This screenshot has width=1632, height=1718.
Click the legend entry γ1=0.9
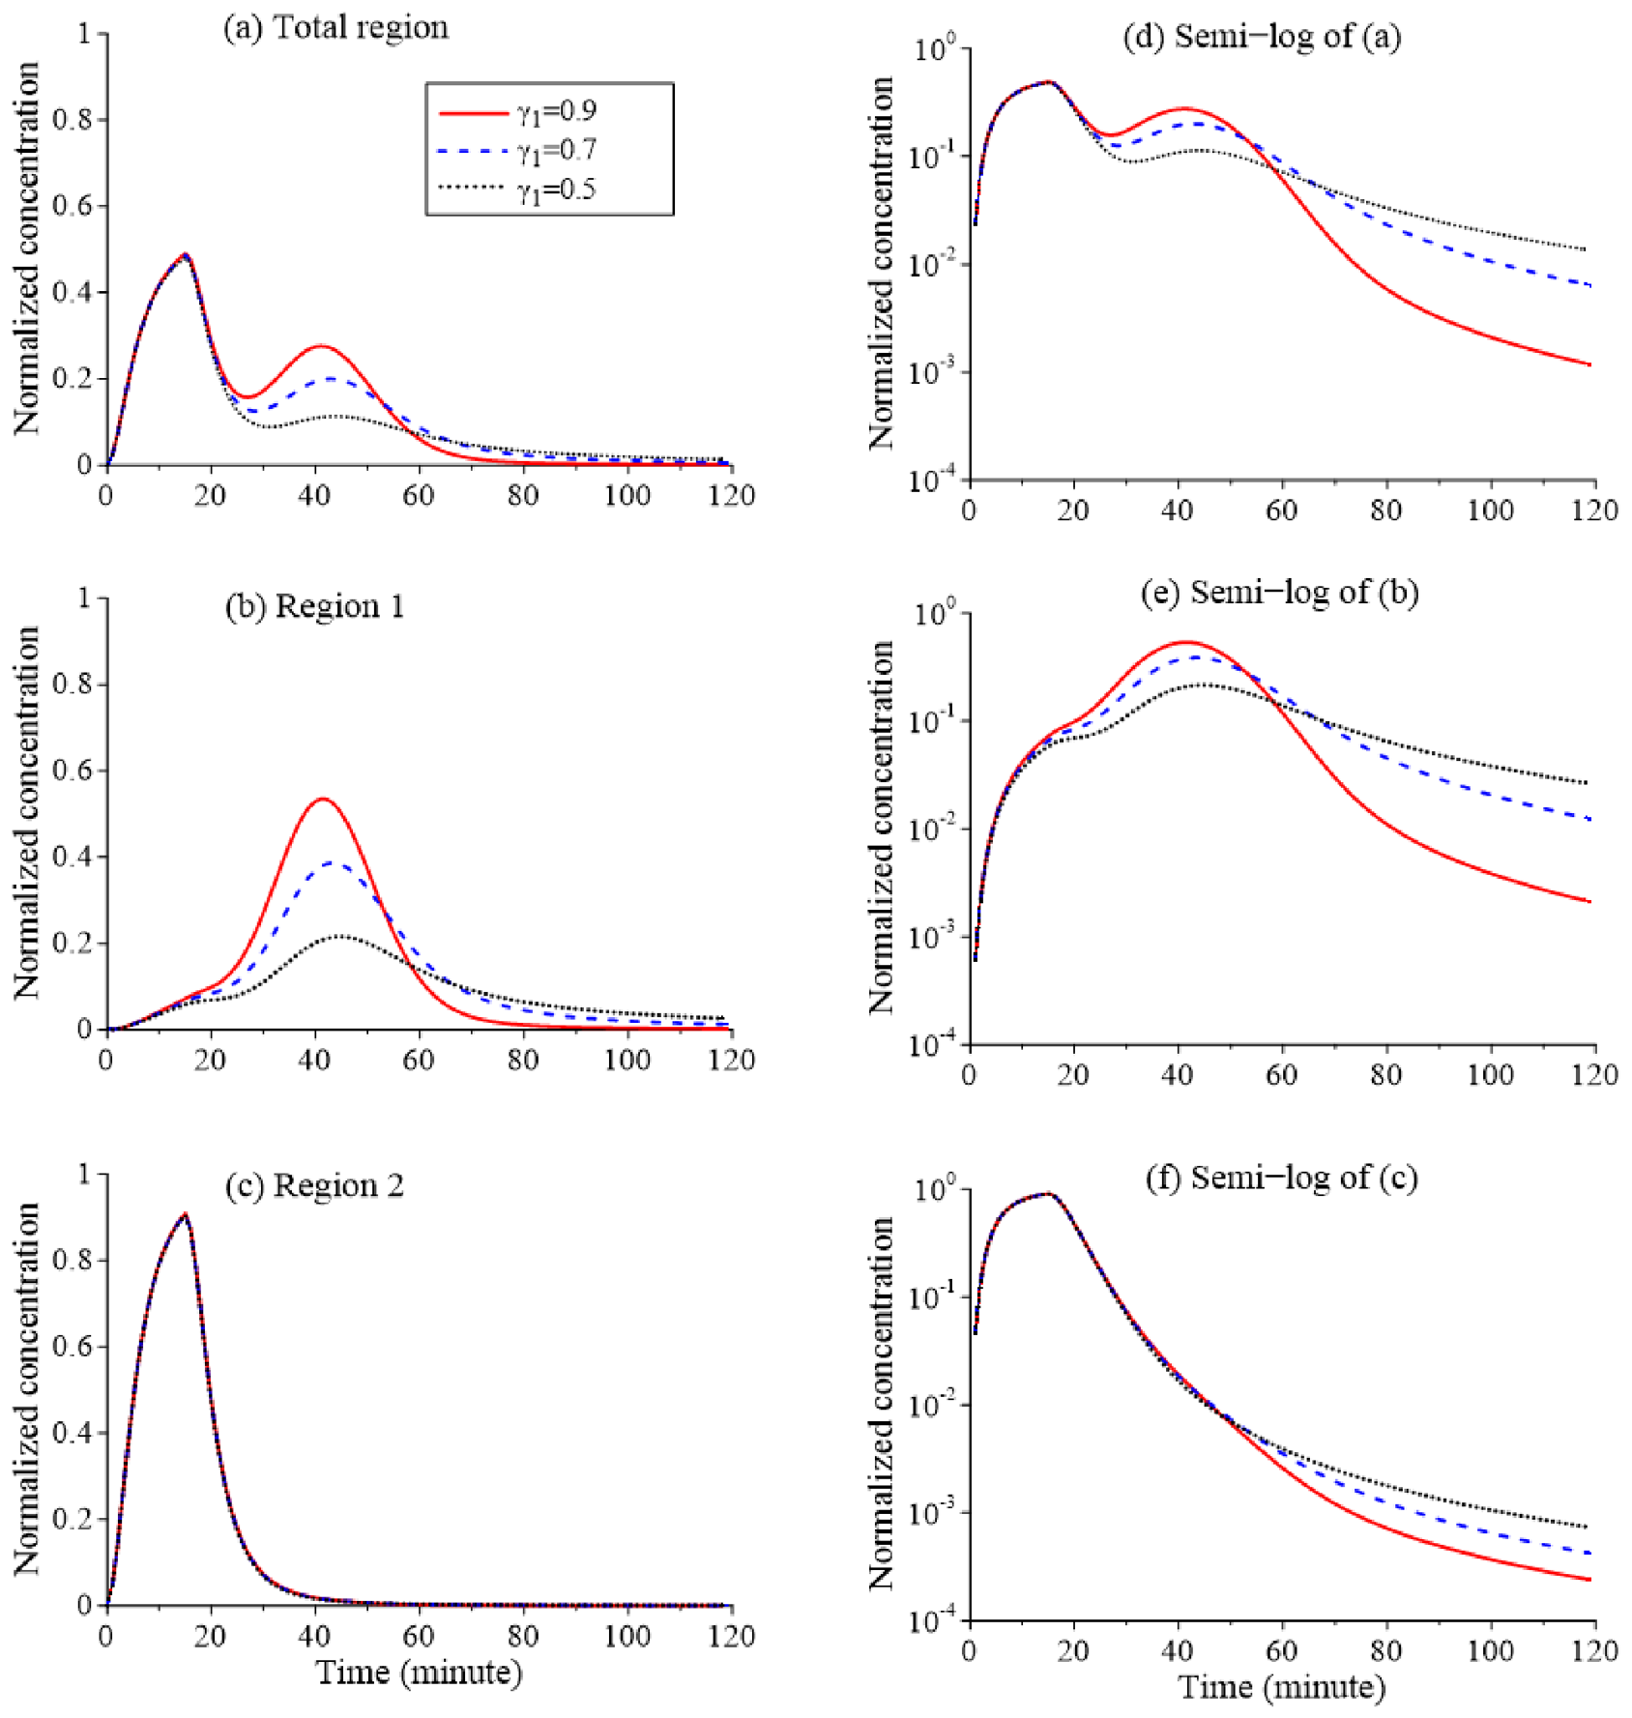(518, 112)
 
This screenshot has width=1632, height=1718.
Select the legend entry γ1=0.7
(518, 151)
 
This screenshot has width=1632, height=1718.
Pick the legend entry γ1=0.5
(518, 189)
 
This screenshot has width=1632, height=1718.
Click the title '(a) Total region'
(336, 27)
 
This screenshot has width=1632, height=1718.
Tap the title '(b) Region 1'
(315, 606)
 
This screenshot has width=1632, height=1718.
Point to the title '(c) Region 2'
(315, 1185)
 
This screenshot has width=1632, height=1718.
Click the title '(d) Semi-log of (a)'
(1262, 37)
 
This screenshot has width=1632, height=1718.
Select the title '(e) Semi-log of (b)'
(1280, 592)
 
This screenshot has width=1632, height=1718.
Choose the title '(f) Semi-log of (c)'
(1282, 1178)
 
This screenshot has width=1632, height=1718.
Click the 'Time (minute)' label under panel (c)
(419, 1673)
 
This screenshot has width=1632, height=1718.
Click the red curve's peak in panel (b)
(323, 799)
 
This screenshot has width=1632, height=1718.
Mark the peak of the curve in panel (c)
(185, 1213)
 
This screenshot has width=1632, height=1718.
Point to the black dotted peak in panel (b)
(338, 936)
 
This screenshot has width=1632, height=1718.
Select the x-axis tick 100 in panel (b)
(627, 1061)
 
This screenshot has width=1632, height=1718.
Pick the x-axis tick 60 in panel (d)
(1282, 510)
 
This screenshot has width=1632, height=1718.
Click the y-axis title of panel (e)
(881, 828)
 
